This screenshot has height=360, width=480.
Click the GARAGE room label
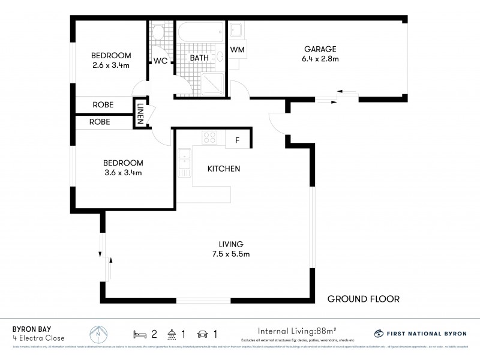tap(320, 49)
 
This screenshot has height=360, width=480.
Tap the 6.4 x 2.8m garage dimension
tap(321, 59)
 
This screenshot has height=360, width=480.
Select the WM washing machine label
tap(237, 49)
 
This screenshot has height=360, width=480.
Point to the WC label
tap(160, 61)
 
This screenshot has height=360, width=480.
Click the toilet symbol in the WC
tap(158, 32)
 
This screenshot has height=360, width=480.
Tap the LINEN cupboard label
tap(140, 113)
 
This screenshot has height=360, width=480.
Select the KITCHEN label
tap(224, 169)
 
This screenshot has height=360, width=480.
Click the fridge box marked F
tap(238, 140)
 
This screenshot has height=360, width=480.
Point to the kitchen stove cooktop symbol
tap(209, 139)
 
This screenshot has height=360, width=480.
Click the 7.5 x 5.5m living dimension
tap(230, 254)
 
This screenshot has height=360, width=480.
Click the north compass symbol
tap(99, 333)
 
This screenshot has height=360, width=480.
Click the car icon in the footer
tap(203, 333)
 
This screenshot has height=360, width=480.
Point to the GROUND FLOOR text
tap(363, 299)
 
